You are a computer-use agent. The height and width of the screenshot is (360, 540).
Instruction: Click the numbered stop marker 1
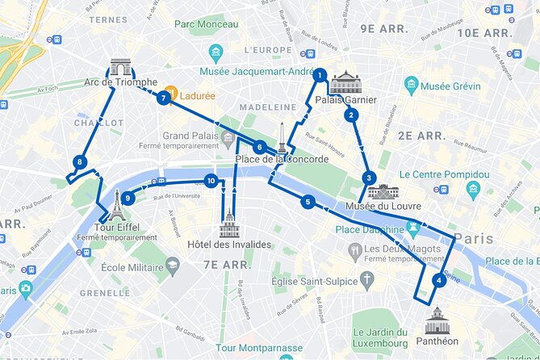point(320,75)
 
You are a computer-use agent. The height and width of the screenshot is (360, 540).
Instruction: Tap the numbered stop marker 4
point(438,281)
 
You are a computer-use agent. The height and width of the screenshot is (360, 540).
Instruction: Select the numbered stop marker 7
point(164,98)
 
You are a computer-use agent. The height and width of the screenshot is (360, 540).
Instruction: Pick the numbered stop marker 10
point(211,181)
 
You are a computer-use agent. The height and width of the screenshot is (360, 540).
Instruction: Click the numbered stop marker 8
point(79,162)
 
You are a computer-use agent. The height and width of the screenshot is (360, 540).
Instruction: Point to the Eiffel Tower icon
point(118,205)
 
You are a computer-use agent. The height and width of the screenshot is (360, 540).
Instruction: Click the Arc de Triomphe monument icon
point(121,67)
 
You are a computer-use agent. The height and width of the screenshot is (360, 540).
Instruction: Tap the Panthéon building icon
point(437,320)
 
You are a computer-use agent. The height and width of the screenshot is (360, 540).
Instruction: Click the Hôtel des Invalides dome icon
point(229,224)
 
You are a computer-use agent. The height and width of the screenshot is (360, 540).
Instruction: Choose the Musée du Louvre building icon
point(383,191)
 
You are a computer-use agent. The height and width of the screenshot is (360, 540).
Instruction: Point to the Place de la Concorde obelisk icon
point(282,138)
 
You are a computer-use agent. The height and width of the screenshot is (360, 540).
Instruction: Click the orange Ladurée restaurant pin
point(171,93)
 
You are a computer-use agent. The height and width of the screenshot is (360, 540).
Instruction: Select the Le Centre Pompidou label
point(444,174)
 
